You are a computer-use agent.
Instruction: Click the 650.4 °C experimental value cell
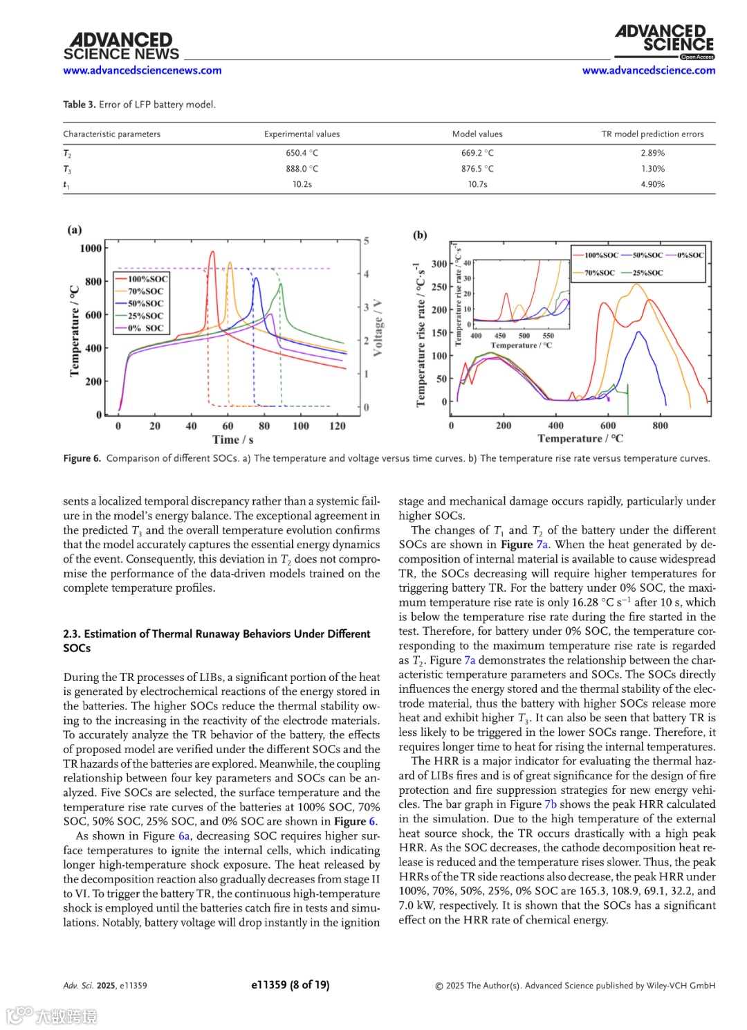click(x=302, y=153)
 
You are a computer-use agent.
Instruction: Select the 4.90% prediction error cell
click(x=652, y=184)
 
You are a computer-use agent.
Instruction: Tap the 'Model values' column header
click(x=477, y=134)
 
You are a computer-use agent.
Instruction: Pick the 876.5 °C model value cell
click(x=477, y=169)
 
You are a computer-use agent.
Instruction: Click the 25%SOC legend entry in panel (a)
click(x=145, y=316)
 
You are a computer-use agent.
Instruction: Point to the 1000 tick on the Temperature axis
click(x=91, y=249)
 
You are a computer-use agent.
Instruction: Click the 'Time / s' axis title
click(x=232, y=440)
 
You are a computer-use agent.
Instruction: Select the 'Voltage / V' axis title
click(x=378, y=328)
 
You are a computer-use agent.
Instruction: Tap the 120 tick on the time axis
click(x=338, y=426)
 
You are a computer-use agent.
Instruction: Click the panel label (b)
click(x=420, y=235)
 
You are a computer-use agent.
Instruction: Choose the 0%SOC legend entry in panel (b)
click(x=690, y=255)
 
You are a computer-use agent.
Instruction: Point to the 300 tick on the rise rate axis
click(x=439, y=264)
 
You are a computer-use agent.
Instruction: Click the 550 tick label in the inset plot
click(x=548, y=336)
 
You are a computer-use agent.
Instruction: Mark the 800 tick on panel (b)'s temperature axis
click(x=661, y=426)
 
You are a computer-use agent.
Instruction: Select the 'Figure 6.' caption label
click(x=82, y=458)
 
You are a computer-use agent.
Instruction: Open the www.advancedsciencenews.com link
click(x=142, y=71)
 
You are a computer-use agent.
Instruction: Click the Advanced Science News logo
click(x=121, y=46)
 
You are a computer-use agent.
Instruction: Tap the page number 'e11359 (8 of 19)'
click(x=290, y=984)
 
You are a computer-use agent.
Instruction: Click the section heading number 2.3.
click(x=71, y=634)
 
